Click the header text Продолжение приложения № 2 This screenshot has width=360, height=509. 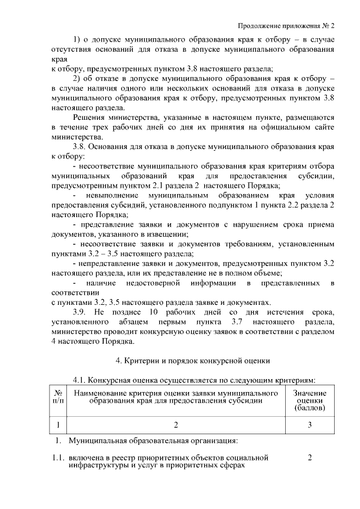[286, 25]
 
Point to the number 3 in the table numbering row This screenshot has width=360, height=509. [309, 424]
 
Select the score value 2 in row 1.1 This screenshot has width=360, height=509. [310, 458]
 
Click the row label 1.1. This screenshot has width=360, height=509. [57, 458]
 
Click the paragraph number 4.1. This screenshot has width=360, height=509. [81, 380]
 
